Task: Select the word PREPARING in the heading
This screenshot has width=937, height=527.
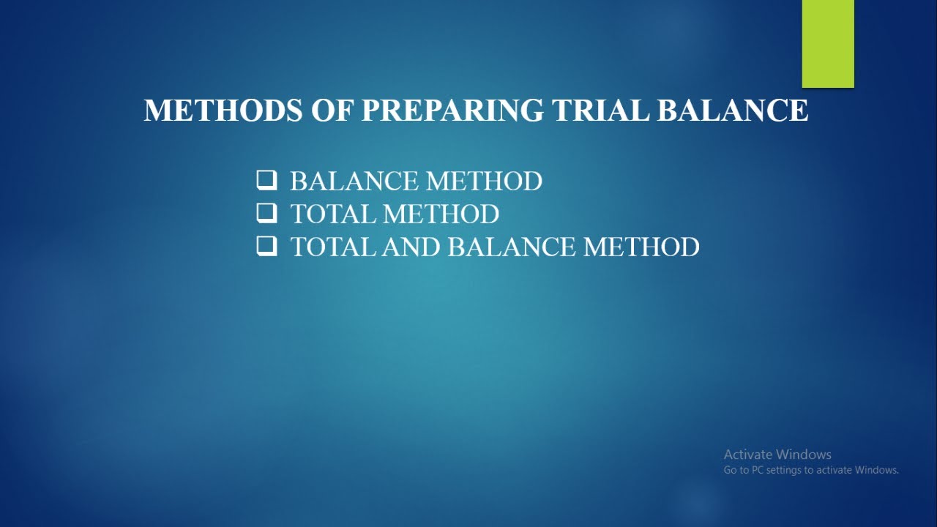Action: pyautogui.click(x=452, y=111)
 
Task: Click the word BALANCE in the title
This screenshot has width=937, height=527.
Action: pyautogui.click(x=733, y=111)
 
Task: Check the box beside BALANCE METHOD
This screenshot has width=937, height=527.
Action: pyautogui.click(x=266, y=180)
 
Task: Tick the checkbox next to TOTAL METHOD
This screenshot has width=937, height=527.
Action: pyautogui.click(x=266, y=213)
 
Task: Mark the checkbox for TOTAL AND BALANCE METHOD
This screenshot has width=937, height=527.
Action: pyautogui.click(x=266, y=246)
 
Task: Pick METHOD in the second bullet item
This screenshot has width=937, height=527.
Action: pyautogui.click(x=441, y=214)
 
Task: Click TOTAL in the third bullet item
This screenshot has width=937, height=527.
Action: pyautogui.click(x=333, y=247)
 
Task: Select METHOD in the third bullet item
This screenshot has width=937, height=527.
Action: pyautogui.click(x=641, y=247)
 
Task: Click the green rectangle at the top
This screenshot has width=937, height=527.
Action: pyautogui.click(x=828, y=43)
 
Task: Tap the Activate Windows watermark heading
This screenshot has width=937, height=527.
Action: pyautogui.click(x=777, y=455)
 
